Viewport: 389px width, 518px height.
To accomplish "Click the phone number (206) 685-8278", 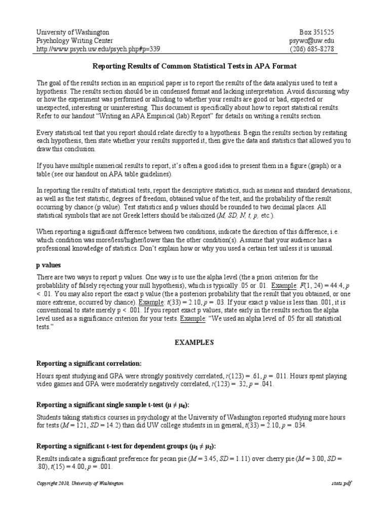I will [x=312, y=49].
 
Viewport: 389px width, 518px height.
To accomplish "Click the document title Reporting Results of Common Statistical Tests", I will [x=194, y=66].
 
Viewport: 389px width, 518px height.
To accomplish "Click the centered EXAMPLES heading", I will [x=194, y=342].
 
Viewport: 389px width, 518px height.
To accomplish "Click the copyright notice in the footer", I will [x=80, y=484].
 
